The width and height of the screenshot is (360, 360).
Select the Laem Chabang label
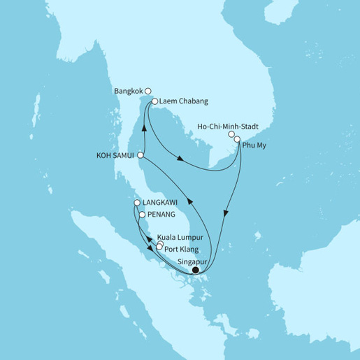point(183,101)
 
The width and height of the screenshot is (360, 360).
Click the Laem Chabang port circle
point(154,101)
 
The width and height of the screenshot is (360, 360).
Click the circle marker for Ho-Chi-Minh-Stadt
point(231,134)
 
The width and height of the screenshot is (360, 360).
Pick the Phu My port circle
point(238,140)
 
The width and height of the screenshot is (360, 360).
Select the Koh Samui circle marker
point(141,155)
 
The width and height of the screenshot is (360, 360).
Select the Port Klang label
point(184,247)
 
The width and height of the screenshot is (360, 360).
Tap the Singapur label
point(196,261)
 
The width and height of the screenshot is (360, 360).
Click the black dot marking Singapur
point(195,271)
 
